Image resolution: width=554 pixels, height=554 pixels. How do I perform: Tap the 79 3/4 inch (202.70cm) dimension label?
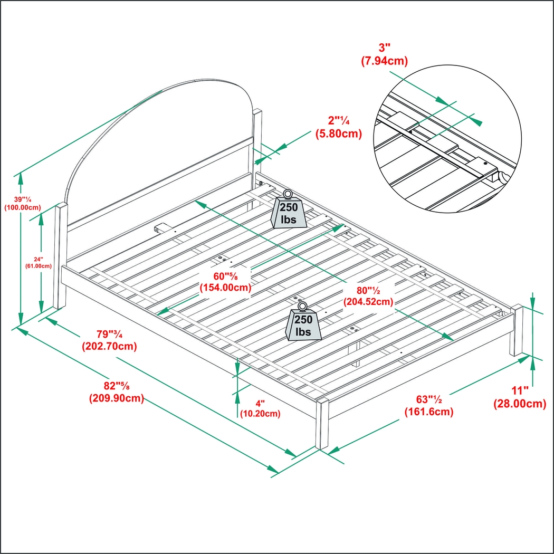coord(109,340)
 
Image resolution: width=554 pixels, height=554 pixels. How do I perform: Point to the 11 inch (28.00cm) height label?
coord(519,397)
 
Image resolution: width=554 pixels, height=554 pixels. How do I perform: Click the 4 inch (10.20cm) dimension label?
coord(260,408)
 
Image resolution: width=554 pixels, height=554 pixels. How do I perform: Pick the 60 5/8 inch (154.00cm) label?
coord(225,282)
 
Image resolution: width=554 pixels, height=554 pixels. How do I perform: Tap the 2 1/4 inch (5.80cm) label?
coord(338,128)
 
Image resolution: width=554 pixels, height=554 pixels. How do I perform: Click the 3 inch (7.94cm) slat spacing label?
coord(384,55)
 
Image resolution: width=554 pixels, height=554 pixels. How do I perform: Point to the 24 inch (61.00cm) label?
coord(38,262)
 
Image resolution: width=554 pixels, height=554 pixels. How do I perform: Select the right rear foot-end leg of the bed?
coord(515,331)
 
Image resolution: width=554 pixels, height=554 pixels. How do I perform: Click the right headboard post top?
coord(257,113)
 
